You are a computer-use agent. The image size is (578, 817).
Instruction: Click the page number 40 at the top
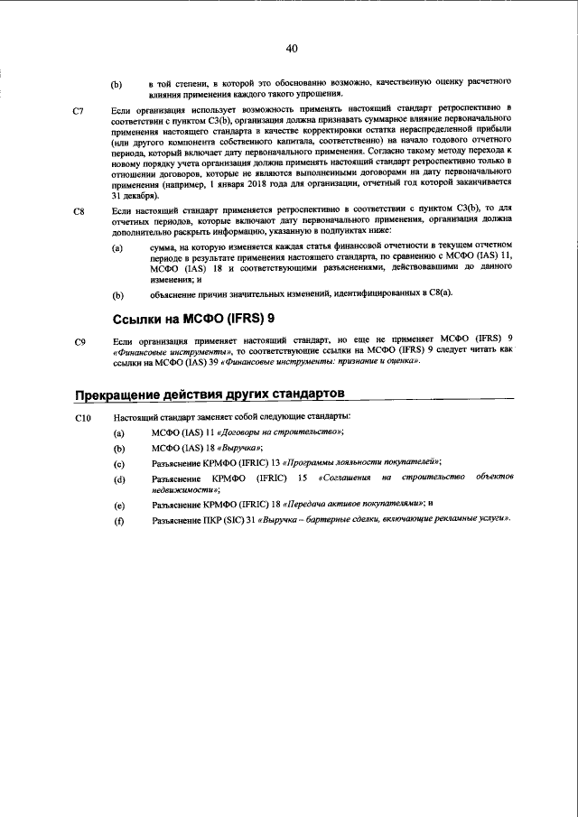click(x=291, y=48)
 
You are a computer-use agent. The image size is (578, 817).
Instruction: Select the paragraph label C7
click(x=79, y=110)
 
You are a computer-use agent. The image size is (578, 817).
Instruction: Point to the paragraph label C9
click(x=79, y=342)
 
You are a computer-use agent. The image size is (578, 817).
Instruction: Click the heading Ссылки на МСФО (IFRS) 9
click(x=193, y=319)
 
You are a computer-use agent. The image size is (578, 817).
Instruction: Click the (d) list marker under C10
click(x=118, y=479)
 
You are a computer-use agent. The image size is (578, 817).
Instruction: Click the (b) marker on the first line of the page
click(x=117, y=86)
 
